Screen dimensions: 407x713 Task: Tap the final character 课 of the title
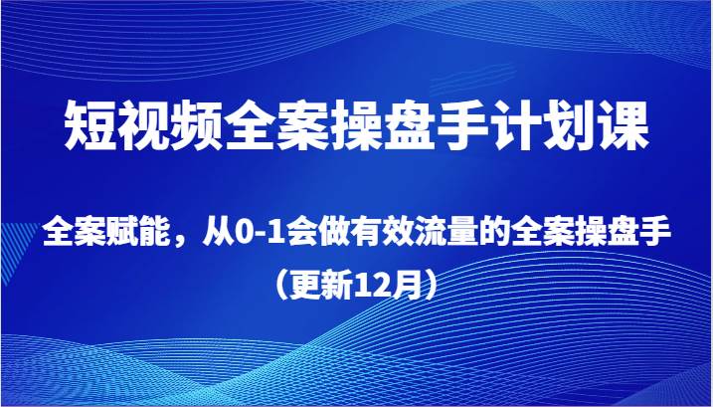622,128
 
